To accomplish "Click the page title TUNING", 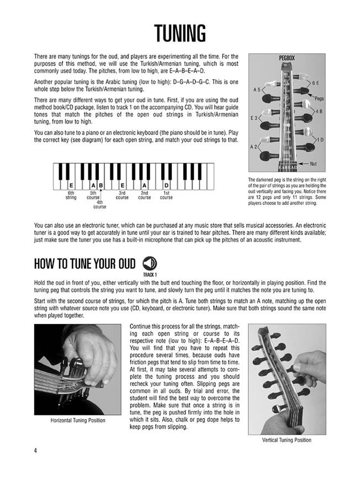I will [x=179, y=34].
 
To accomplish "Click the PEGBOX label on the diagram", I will [x=286, y=57].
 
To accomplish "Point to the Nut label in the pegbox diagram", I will [x=314, y=164].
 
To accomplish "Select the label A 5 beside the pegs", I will [x=256, y=89].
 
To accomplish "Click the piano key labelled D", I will [x=166, y=185].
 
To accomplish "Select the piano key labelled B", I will [x=102, y=185].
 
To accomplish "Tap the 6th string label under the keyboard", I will [x=71, y=195].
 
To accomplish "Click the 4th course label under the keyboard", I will [x=100, y=205].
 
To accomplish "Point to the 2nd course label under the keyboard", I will [x=144, y=195].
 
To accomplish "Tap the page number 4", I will [x=35, y=452].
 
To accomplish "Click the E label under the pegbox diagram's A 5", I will [x=255, y=118].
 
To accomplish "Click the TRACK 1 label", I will [x=150, y=274].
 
